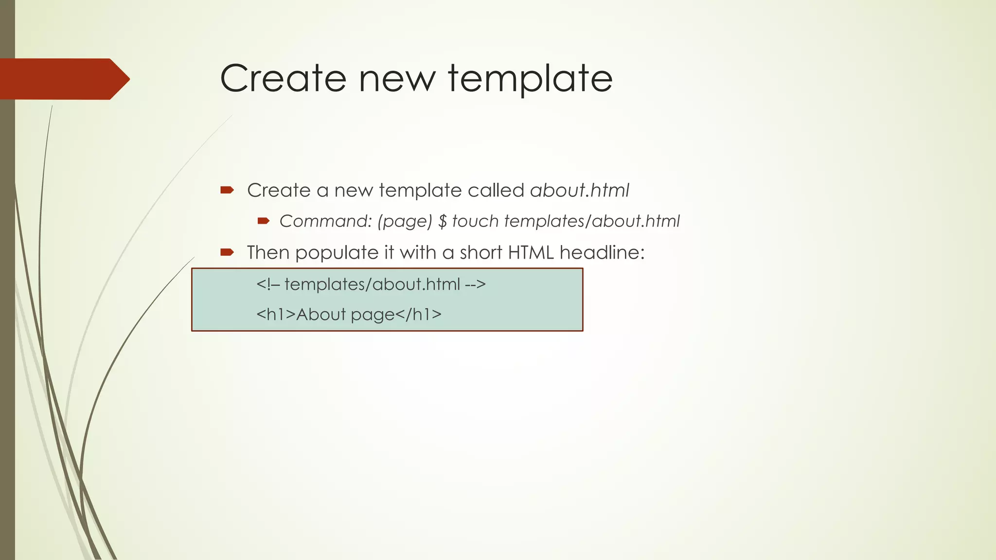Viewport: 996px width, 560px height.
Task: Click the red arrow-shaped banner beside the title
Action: (63, 79)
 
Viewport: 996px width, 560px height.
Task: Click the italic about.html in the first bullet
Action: (580, 190)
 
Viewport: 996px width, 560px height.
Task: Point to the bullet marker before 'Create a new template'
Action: (227, 190)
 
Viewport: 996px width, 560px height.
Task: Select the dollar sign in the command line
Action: (442, 222)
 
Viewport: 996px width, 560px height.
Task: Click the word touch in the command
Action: (475, 222)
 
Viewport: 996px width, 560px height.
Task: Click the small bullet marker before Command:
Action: (263, 222)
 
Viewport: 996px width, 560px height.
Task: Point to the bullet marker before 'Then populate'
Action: (227, 252)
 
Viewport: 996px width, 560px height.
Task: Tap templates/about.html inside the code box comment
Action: (372, 284)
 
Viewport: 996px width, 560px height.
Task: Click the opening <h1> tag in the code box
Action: (276, 315)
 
